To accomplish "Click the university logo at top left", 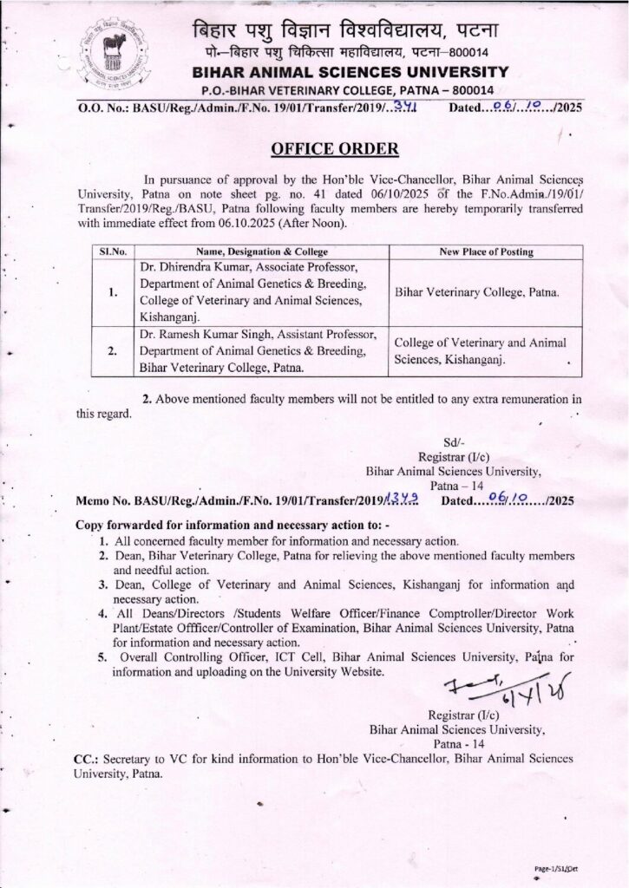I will (109, 53).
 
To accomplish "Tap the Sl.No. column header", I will (113, 251).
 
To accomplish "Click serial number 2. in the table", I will (112, 351).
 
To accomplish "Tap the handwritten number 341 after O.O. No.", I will (403, 108).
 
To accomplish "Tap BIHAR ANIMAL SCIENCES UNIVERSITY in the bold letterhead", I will (347, 73).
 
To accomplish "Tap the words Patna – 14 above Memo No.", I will (451, 486).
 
